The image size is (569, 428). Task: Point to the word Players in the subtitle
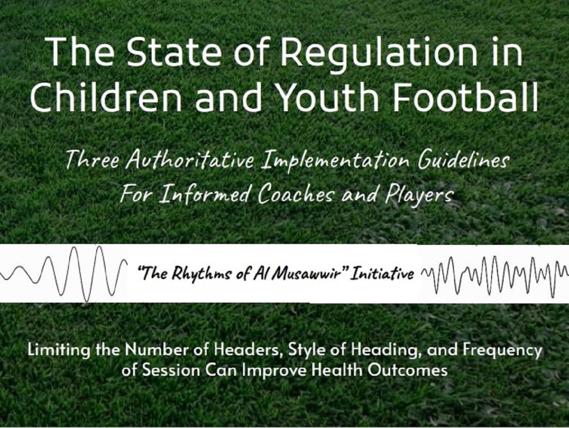(x=419, y=195)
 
